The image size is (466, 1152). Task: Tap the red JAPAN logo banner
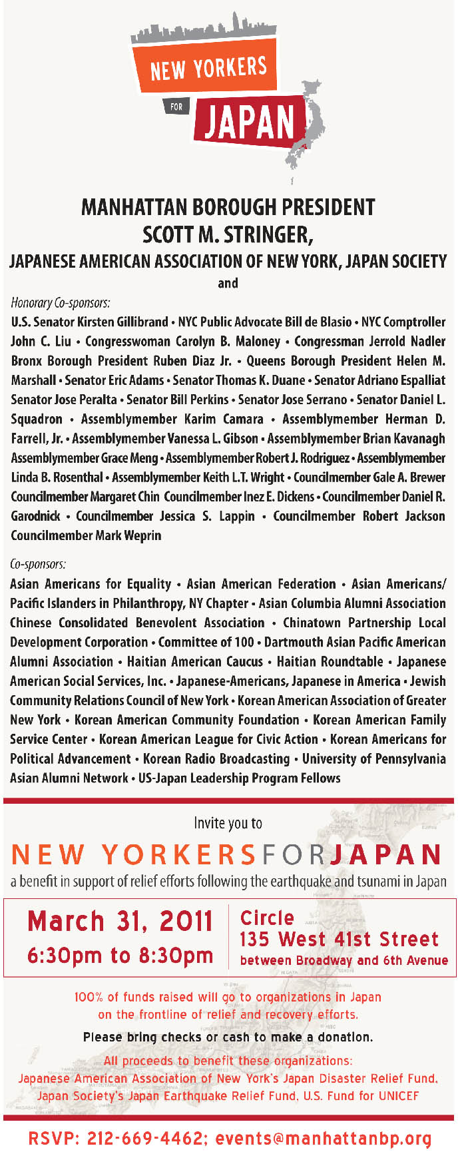tap(250, 121)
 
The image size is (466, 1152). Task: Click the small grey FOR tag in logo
tap(176, 107)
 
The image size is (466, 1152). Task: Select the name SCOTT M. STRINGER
tap(228, 234)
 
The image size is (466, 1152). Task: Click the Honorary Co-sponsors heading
tap(61, 303)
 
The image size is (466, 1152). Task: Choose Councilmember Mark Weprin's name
tap(86, 535)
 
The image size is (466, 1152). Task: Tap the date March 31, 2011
tap(120, 922)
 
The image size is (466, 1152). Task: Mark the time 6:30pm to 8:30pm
tap(120, 956)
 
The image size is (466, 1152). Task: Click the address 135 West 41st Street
tap(339, 940)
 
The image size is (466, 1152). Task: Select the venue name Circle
tap(267, 918)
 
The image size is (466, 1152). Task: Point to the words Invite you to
tap(228, 823)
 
